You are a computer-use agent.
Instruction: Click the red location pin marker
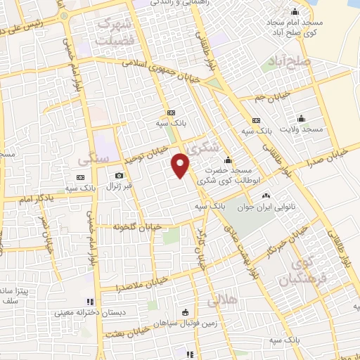(x=181, y=165)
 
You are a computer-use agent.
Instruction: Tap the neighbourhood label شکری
(x=205, y=148)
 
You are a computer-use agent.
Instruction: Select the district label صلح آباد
(x=288, y=63)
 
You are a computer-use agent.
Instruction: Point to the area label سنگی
(x=96, y=159)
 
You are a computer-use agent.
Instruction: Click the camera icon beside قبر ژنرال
(x=119, y=175)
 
